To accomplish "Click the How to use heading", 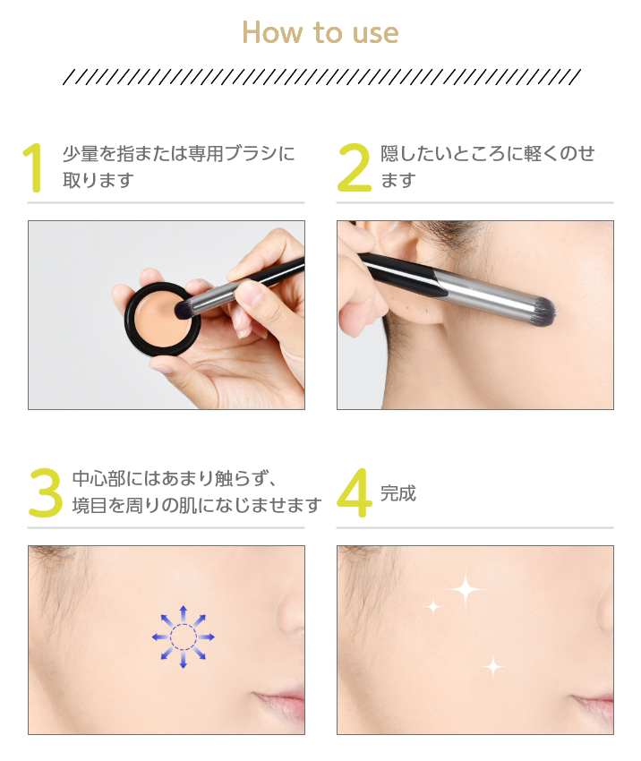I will coord(320,33).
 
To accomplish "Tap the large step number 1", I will coord(34,167).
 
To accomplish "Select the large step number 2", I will coord(354,167).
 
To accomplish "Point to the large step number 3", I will coord(45,493).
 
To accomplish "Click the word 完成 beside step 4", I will coord(398,493).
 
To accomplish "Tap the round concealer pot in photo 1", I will coord(160,318).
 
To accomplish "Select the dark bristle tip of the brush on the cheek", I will coord(543,310).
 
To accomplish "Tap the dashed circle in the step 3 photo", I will coord(183,637).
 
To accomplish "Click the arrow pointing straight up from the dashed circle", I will coord(183,612).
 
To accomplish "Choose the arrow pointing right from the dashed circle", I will coord(207,637).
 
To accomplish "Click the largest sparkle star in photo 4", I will coord(465,589).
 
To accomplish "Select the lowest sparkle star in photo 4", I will coord(491,666).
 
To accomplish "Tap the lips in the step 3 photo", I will coord(281,702).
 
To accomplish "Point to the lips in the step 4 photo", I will coord(591,702).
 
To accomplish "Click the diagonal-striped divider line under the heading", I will coord(320,77).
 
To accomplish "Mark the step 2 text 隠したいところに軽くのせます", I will coord(488,167).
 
